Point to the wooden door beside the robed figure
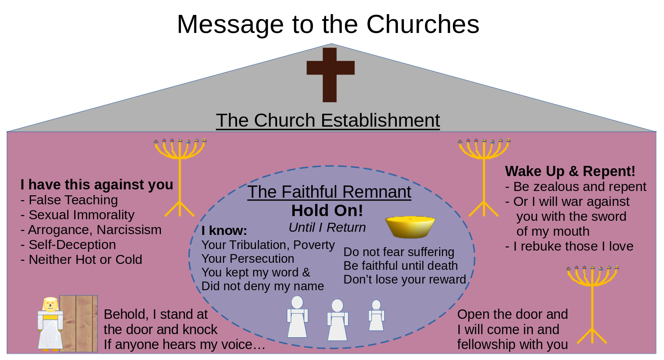pyautogui.click(x=79, y=324)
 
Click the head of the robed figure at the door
pyautogui.click(x=50, y=304)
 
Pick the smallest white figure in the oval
pyautogui.click(x=376, y=316)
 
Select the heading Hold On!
pyautogui.click(x=327, y=211)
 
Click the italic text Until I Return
pyautogui.click(x=327, y=227)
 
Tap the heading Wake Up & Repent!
pyautogui.click(x=570, y=171)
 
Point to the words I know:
pyautogui.click(x=224, y=231)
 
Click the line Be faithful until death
pyautogui.click(x=400, y=266)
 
